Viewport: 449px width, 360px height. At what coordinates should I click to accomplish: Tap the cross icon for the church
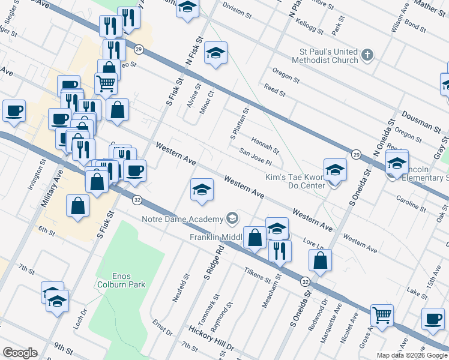[x=367, y=56]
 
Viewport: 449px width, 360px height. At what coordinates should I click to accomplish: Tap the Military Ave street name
[x=52, y=189]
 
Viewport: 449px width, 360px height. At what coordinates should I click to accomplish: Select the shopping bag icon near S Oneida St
[x=321, y=260]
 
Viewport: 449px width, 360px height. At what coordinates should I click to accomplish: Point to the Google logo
[x=20, y=353]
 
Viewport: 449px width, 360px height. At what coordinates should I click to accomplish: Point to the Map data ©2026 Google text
[x=411, y=355]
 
